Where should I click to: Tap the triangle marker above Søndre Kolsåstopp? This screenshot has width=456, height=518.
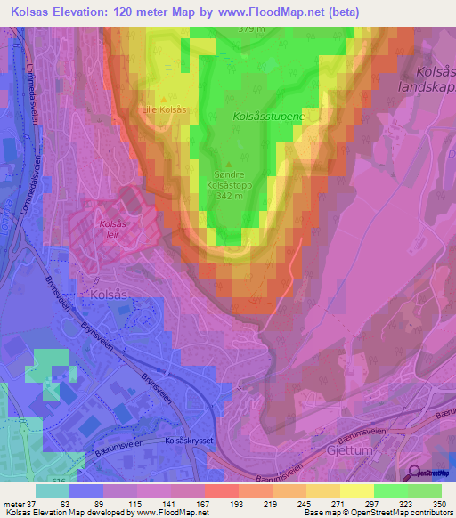click(x=230, y=164)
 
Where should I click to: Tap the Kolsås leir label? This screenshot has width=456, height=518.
click(x=111, y=230)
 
